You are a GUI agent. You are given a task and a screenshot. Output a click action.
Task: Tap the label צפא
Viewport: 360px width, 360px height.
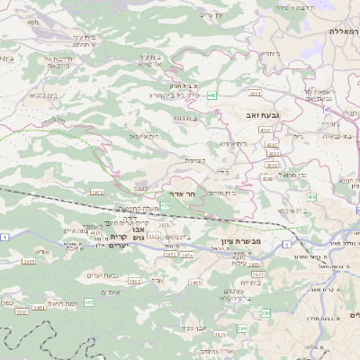[35, 22]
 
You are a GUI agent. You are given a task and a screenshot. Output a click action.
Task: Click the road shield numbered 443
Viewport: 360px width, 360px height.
[210, 94]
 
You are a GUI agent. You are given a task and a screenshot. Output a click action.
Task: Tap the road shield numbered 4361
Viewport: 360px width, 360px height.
[255, 93]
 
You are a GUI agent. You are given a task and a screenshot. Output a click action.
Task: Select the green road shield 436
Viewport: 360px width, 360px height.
[310, 196]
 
